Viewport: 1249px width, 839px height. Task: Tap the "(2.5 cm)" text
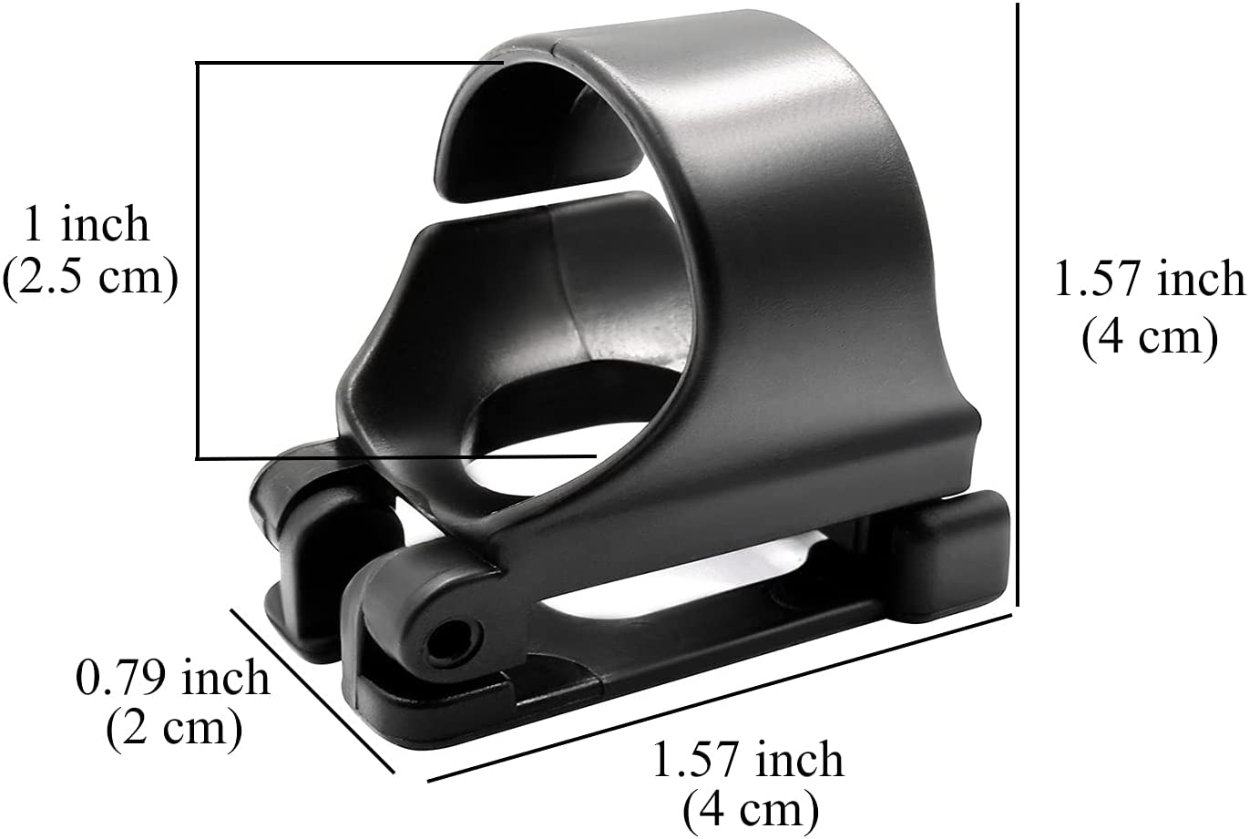coord(89,278)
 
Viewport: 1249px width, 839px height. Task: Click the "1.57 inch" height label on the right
coord(1149,279)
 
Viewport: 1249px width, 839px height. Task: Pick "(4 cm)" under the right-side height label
coord(1149,338)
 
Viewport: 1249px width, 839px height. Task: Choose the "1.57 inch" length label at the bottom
coord(748,760)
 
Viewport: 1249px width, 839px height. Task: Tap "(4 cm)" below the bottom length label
coord(750,807)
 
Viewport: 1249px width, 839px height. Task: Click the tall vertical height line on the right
coord(1017,301)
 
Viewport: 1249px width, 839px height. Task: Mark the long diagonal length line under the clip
coord(720,698)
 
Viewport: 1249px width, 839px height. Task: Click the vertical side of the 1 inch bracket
coord(198,260)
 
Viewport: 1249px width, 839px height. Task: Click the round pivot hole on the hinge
coord(446,643)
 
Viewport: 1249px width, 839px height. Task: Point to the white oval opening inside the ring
coord(537,451)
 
